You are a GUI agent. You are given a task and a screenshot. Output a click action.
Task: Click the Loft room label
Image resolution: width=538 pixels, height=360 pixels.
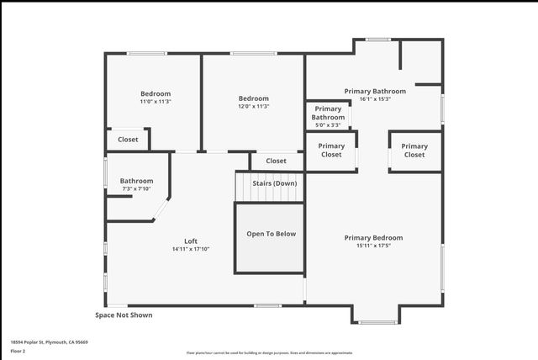pyautogui.click(x=191, y=241)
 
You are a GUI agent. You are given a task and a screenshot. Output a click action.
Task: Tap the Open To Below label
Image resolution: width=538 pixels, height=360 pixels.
pyautogui.click(x=271, y=234)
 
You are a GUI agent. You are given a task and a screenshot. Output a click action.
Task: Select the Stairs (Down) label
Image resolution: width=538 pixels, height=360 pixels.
pyautogui.click(x=275, y=183)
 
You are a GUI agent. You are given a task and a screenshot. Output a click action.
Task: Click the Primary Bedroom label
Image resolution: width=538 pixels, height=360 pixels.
pyautogui.click(x=373, y=237)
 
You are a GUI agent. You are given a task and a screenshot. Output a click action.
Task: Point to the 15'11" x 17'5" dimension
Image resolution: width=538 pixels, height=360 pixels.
pyautogui.click(x=373, y=246)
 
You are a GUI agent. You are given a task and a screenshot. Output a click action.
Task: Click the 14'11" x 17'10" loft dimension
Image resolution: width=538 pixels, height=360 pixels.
pyautogui.click(x=191, y=249)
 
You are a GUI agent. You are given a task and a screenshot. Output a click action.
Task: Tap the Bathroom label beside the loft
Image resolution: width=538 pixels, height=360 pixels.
pyautogui.click(x=136, y=181)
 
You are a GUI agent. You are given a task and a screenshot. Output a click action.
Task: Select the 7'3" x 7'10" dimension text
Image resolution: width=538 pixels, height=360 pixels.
pyautogui.click(x=136, y=189)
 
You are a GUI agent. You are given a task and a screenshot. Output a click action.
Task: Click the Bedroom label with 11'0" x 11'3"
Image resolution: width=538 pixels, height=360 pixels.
pyautogui.click(x=156, y=93)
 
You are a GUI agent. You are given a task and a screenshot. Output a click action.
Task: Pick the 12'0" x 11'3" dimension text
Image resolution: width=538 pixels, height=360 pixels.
pyautogui.click(x=253, y=107)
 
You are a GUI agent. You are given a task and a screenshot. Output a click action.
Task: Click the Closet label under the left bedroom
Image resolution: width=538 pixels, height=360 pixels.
pyautogui.click(x=128, y=140)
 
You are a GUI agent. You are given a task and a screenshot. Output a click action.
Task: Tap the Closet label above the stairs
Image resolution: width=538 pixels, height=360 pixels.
pyautogui.click(x=276, y=161)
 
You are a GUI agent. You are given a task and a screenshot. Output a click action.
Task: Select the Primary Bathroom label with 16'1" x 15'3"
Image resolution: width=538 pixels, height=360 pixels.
pyautogui.click(x=375, y=91)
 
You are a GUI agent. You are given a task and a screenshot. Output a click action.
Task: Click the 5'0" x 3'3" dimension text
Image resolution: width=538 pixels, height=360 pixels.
pyautogui.click(x=329, y=125)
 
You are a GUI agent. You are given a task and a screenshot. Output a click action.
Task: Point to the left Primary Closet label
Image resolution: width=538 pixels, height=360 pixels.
pyautogui.click(x=331, y=150)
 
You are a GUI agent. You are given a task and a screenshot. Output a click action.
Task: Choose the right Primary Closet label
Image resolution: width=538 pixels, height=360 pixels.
pyautogui.click(x=414, y=151)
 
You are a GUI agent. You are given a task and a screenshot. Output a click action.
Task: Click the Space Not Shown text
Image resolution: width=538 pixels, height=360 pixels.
pyautogui.click(x=124, y=315)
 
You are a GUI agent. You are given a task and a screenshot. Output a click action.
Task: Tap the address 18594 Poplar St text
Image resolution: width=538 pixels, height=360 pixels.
pyautogui.click(x=50, y=342)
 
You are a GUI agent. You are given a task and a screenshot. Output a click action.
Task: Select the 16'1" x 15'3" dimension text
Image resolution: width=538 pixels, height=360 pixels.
pyautogui.click(x=375, y=99)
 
